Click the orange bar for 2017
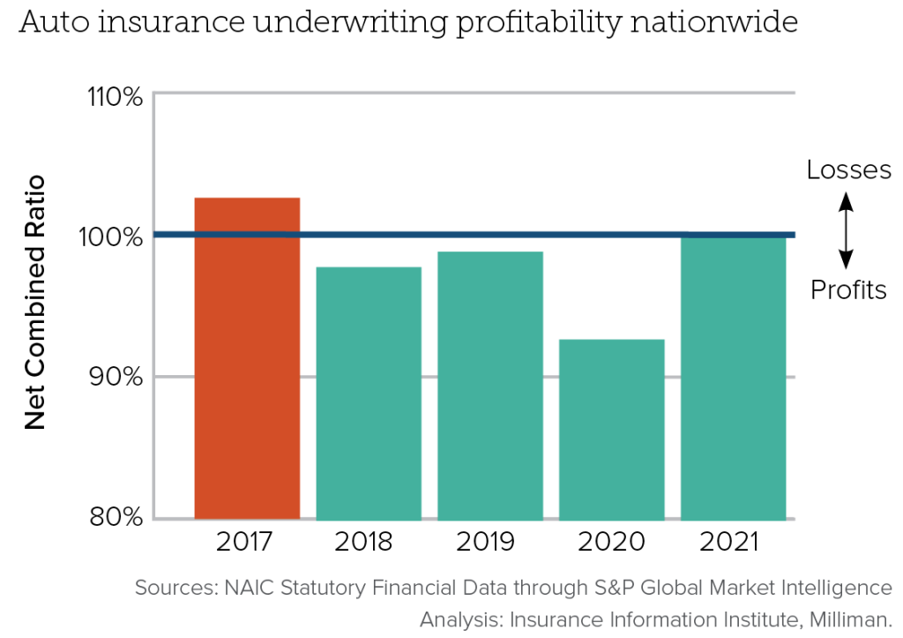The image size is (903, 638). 247,357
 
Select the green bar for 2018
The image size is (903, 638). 369,393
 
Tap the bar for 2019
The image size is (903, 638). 490,385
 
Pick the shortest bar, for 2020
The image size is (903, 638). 612,429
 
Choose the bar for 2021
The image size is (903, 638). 734,378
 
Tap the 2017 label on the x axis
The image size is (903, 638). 247,541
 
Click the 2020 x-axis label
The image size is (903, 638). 612,541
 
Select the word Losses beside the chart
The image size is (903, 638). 848,170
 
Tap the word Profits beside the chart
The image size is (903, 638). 848,290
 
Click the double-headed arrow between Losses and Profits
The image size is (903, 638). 846,231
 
